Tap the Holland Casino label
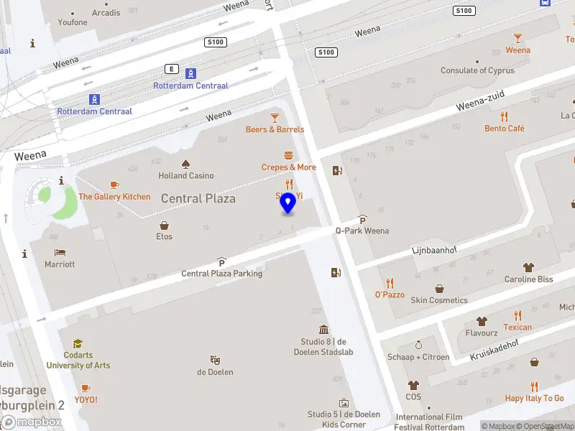coord(186,175)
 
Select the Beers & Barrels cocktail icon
coord(275,118)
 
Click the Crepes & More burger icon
coord(289,155)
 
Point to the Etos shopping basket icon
coord(165,225)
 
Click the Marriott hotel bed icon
coord(60,252)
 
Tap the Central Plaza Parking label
coord(221,273)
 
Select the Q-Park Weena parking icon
coord(362,220)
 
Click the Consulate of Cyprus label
coord(477,70)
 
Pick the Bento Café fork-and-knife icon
coord(505,116)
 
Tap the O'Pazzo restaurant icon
coord(390,283)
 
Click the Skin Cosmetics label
coord(439,300)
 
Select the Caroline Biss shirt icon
coord(529,267)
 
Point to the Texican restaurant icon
coord(517,315)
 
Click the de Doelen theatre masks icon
coord(215,360)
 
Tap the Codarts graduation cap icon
coord(78,344)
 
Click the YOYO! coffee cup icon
coord(86,388)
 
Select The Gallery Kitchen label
coord(114,197)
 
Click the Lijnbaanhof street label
coord(433,249)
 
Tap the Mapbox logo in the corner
coord(32,422)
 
